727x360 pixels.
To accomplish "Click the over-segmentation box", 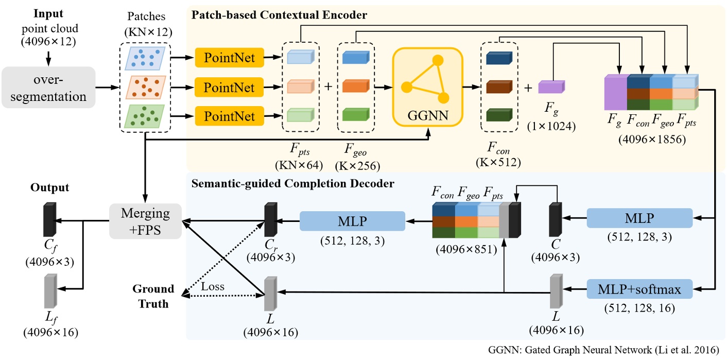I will coord(48,87).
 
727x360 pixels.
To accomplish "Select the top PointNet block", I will coord(230,57).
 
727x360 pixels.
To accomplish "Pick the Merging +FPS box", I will coord(145,221).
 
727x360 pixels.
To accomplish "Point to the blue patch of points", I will coord(146,58).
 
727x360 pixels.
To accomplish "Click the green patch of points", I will coord(146,116).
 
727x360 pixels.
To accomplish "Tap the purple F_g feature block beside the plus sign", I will coord(551,87).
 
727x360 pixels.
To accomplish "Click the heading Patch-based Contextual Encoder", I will coord(279,15).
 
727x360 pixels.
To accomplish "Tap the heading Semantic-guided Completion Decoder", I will coord(292,183).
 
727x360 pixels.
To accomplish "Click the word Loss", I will coord(213,287).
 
